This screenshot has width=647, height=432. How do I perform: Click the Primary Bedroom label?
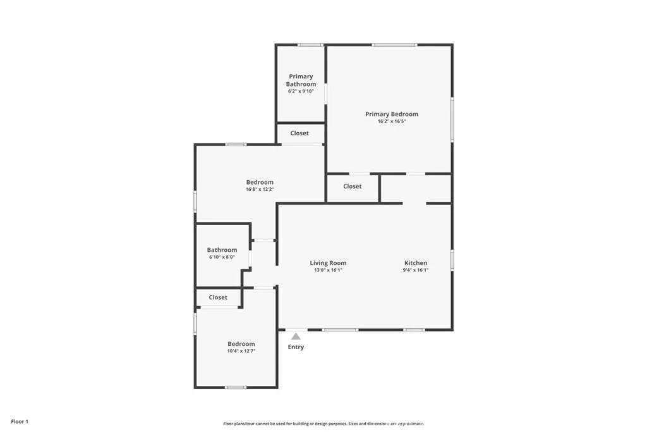[392, 114]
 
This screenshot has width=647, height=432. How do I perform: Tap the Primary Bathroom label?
[301, 80]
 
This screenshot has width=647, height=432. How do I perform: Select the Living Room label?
[328, 263]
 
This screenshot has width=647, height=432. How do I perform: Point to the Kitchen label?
[416, 263]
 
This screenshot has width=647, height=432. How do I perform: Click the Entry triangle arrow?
[296, 336]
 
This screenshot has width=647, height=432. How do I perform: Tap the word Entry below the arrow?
[296, 347]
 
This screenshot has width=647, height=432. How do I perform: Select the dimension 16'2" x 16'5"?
[392, 121]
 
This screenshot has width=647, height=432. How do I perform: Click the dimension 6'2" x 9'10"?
[301, 91]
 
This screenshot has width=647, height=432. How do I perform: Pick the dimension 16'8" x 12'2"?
[260, 189]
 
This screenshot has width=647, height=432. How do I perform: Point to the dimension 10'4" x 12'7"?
[241, 351]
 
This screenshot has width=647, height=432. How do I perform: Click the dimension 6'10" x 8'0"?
[222, 257]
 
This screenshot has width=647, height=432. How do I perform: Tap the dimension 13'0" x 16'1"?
[328, 270]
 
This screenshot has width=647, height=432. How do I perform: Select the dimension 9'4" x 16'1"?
[416, 270]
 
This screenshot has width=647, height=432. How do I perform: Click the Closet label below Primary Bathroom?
[299, 133]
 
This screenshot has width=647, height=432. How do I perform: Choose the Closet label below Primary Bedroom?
[353, 187]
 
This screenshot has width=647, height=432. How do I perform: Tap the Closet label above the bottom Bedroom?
[218, 297]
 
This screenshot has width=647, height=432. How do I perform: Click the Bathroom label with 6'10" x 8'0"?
[222, 250]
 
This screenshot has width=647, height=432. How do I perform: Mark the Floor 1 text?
[20, 421]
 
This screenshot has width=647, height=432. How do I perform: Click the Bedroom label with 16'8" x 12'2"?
[260, 182]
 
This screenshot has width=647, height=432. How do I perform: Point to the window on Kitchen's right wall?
[452, 260]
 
